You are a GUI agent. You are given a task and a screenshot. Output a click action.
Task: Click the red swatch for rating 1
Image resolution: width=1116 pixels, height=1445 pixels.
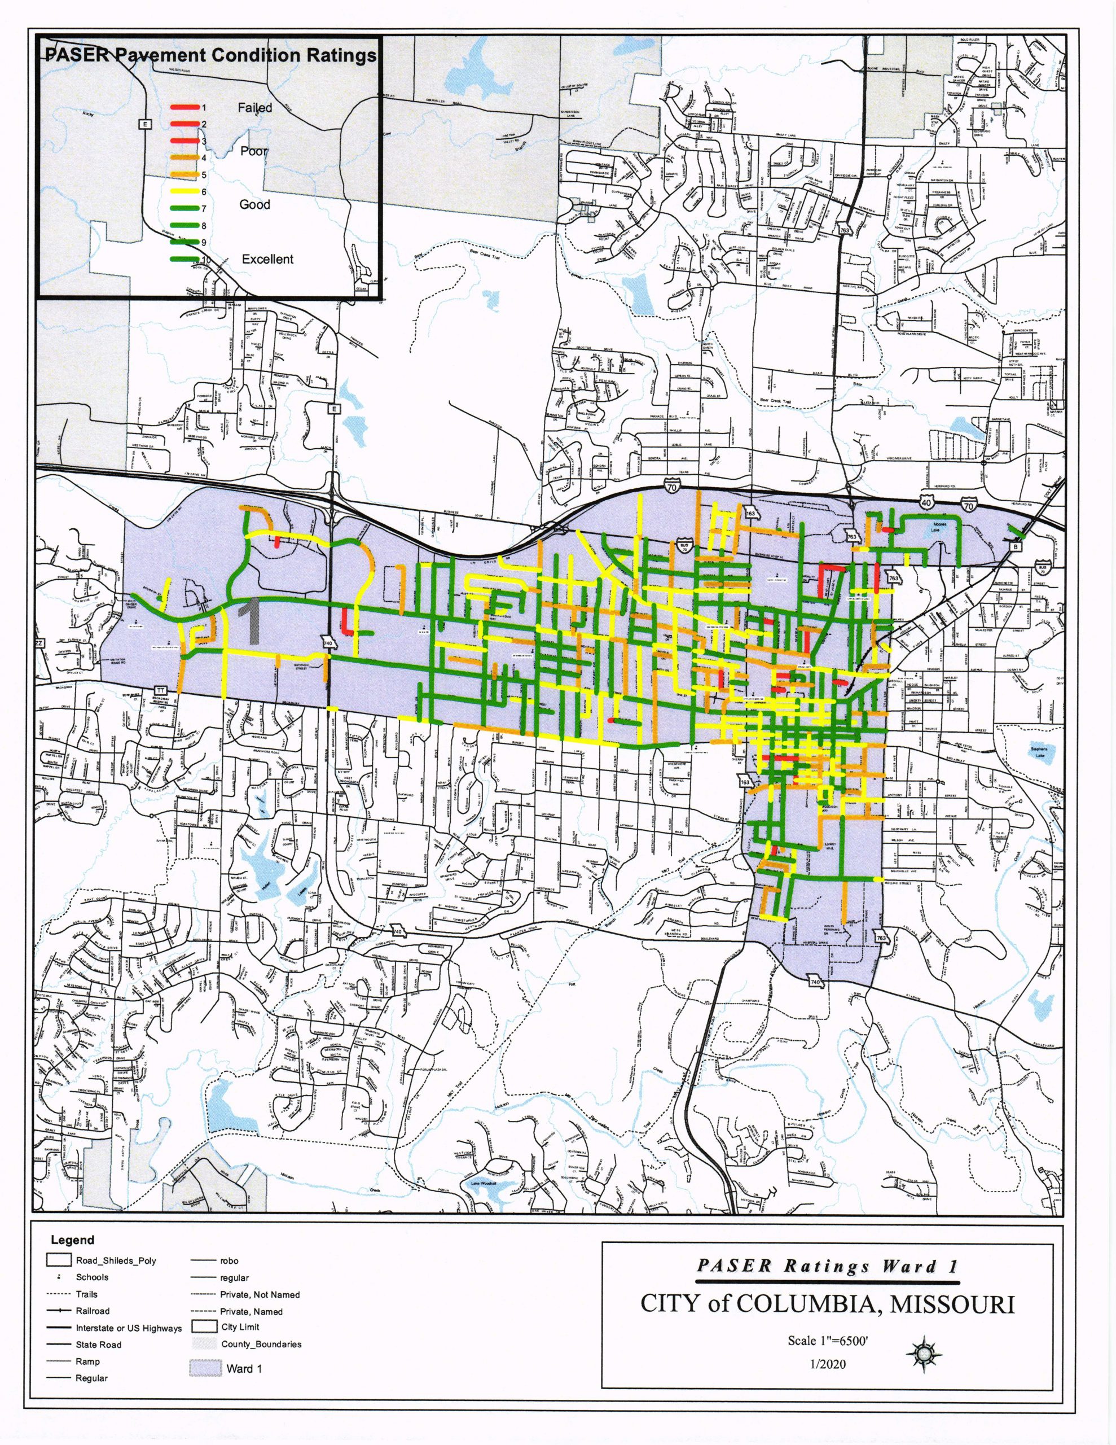click(184, 107)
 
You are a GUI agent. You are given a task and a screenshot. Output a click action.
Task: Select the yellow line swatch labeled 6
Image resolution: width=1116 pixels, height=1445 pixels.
click(184, 191)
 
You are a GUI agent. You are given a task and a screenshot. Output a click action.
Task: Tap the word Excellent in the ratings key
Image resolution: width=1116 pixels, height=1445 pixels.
click(267, 259)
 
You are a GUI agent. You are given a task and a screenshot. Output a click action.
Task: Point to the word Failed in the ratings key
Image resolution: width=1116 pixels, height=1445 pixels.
click(254, 107)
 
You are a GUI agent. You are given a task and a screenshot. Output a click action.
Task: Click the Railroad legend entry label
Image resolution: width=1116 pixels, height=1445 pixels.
click(93, 1311)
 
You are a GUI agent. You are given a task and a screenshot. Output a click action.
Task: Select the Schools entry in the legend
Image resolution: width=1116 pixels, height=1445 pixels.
click(92, 1277)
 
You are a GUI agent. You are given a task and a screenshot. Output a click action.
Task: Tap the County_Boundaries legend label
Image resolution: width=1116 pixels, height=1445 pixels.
click(261, 1344)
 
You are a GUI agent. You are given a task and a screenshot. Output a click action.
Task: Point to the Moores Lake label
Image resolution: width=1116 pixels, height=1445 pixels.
click(939, 527)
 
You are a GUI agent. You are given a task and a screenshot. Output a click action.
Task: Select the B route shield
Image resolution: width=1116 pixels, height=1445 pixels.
click(1017, 546)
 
